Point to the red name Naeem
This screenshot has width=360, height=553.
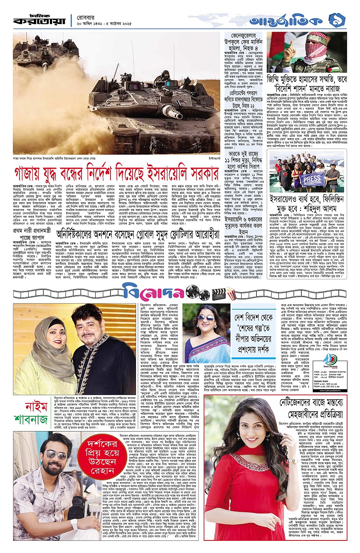coord(36,407)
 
